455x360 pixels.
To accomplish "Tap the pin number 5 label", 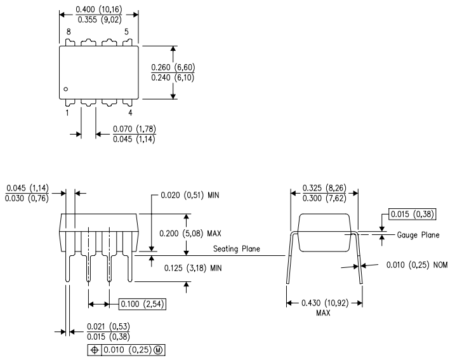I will pyautogui.click(x=126, y=32).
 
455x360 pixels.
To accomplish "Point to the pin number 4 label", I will pyautogui.click(x=130, y=113).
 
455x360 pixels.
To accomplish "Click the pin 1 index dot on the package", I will pyautogui.click(x=65, y=88).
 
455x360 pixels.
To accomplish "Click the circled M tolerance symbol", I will pyautogui.click(x=161, y=349).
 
